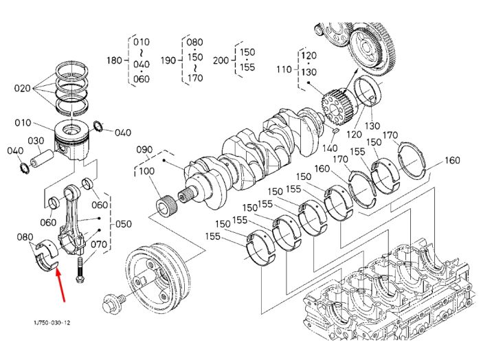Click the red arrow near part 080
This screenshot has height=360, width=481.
[60, 284]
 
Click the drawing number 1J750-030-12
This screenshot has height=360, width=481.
[52, 323]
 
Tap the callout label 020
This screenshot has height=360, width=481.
[23, 89]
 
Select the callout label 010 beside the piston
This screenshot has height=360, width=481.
[23, 123]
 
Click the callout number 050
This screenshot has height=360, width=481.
[123, 224]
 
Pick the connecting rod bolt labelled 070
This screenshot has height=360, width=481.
[80, 270]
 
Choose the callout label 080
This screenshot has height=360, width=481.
[25, 237]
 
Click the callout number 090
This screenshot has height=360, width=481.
[144, 150]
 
